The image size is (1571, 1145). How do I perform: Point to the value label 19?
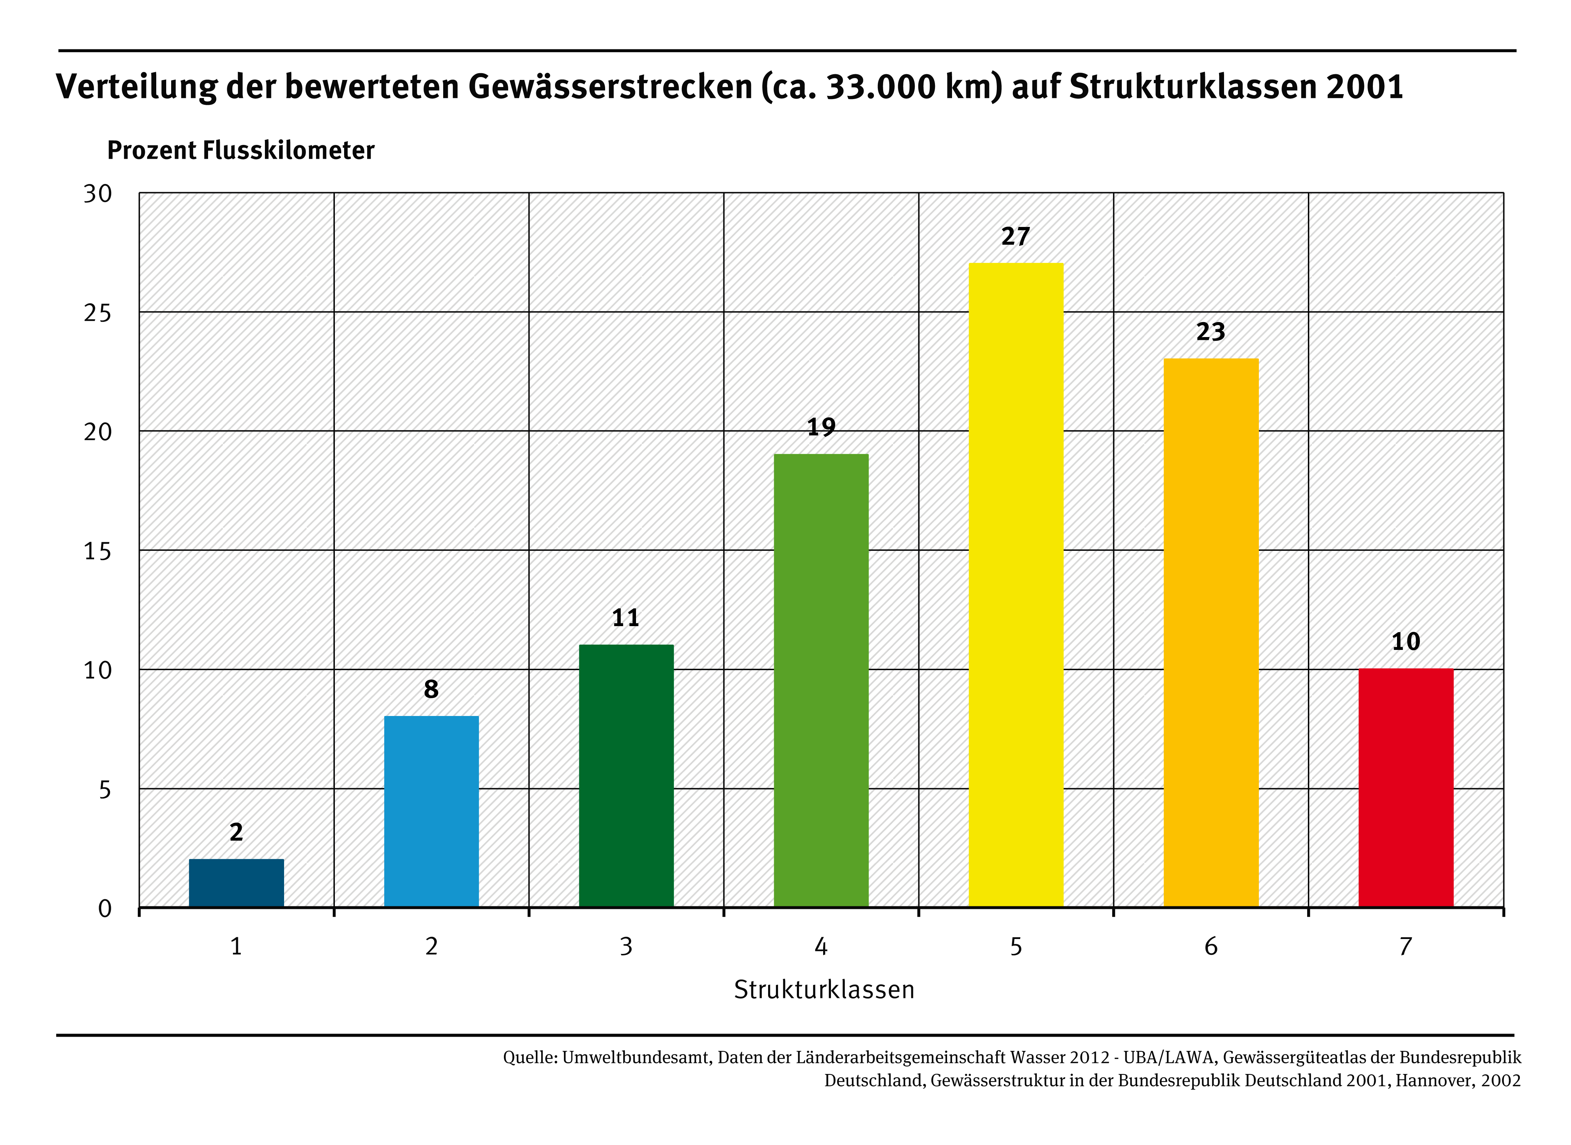coord(821,427)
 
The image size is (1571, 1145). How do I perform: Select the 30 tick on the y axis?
coord(98,194)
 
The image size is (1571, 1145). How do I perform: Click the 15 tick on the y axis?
coord(98,552)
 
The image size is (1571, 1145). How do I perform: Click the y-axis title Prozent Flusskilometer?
coord(240,150)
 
